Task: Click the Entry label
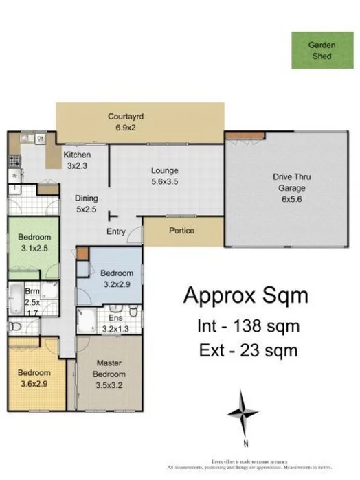pyautogui.click(x=116, y=231)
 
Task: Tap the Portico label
pyautogui.click(x=181, y=231)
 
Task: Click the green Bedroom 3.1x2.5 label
pyautogui.click(x=34, y=244)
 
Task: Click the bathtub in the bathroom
pyautogui.click(x=16, y=300)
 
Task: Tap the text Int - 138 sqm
pyautogui.click(x=245, y=326)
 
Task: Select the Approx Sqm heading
pyautogui.click(x=245, y=296)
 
